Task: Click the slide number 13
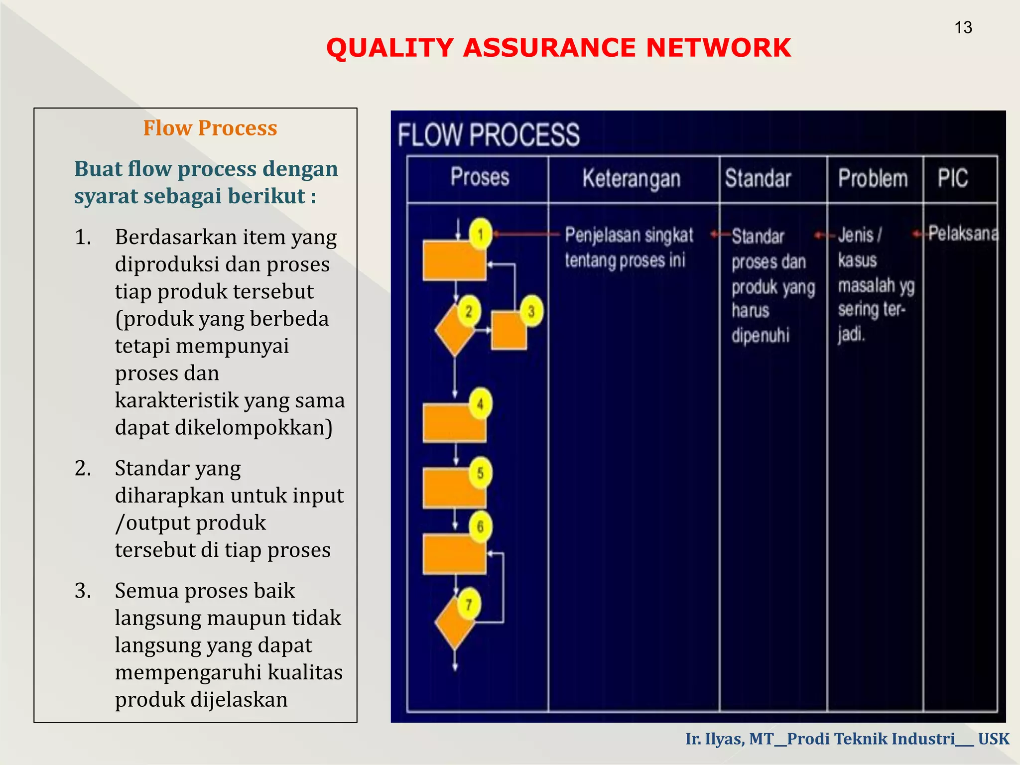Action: [x=963, y=27]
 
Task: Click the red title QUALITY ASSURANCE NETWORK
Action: [x=558, y=48]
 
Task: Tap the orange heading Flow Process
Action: [x=210, y=128]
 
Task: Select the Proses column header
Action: [x=480, y=177]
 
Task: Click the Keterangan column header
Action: [x=632, y=178]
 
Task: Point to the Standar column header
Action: [x=758, y=178]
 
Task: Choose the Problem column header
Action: [x=873, y=178]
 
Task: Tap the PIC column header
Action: [x=953, y=178]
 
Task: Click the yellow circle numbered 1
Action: [x=481, y=234]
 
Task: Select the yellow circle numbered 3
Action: [x=531, y=312]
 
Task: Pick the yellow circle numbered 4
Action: [x=480, y=403]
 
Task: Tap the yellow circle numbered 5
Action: [x=480, y=473]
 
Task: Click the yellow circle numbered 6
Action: [x=480, y=526]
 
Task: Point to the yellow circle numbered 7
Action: [x=469, y=604]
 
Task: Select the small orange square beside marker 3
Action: [x=509, y=331]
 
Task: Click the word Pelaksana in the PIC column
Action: [x=963, y=233]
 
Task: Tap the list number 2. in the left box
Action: [x=83, y=469]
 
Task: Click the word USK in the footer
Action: [x=994, y=739]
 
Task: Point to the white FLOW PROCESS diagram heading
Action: [x=489, y=135]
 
